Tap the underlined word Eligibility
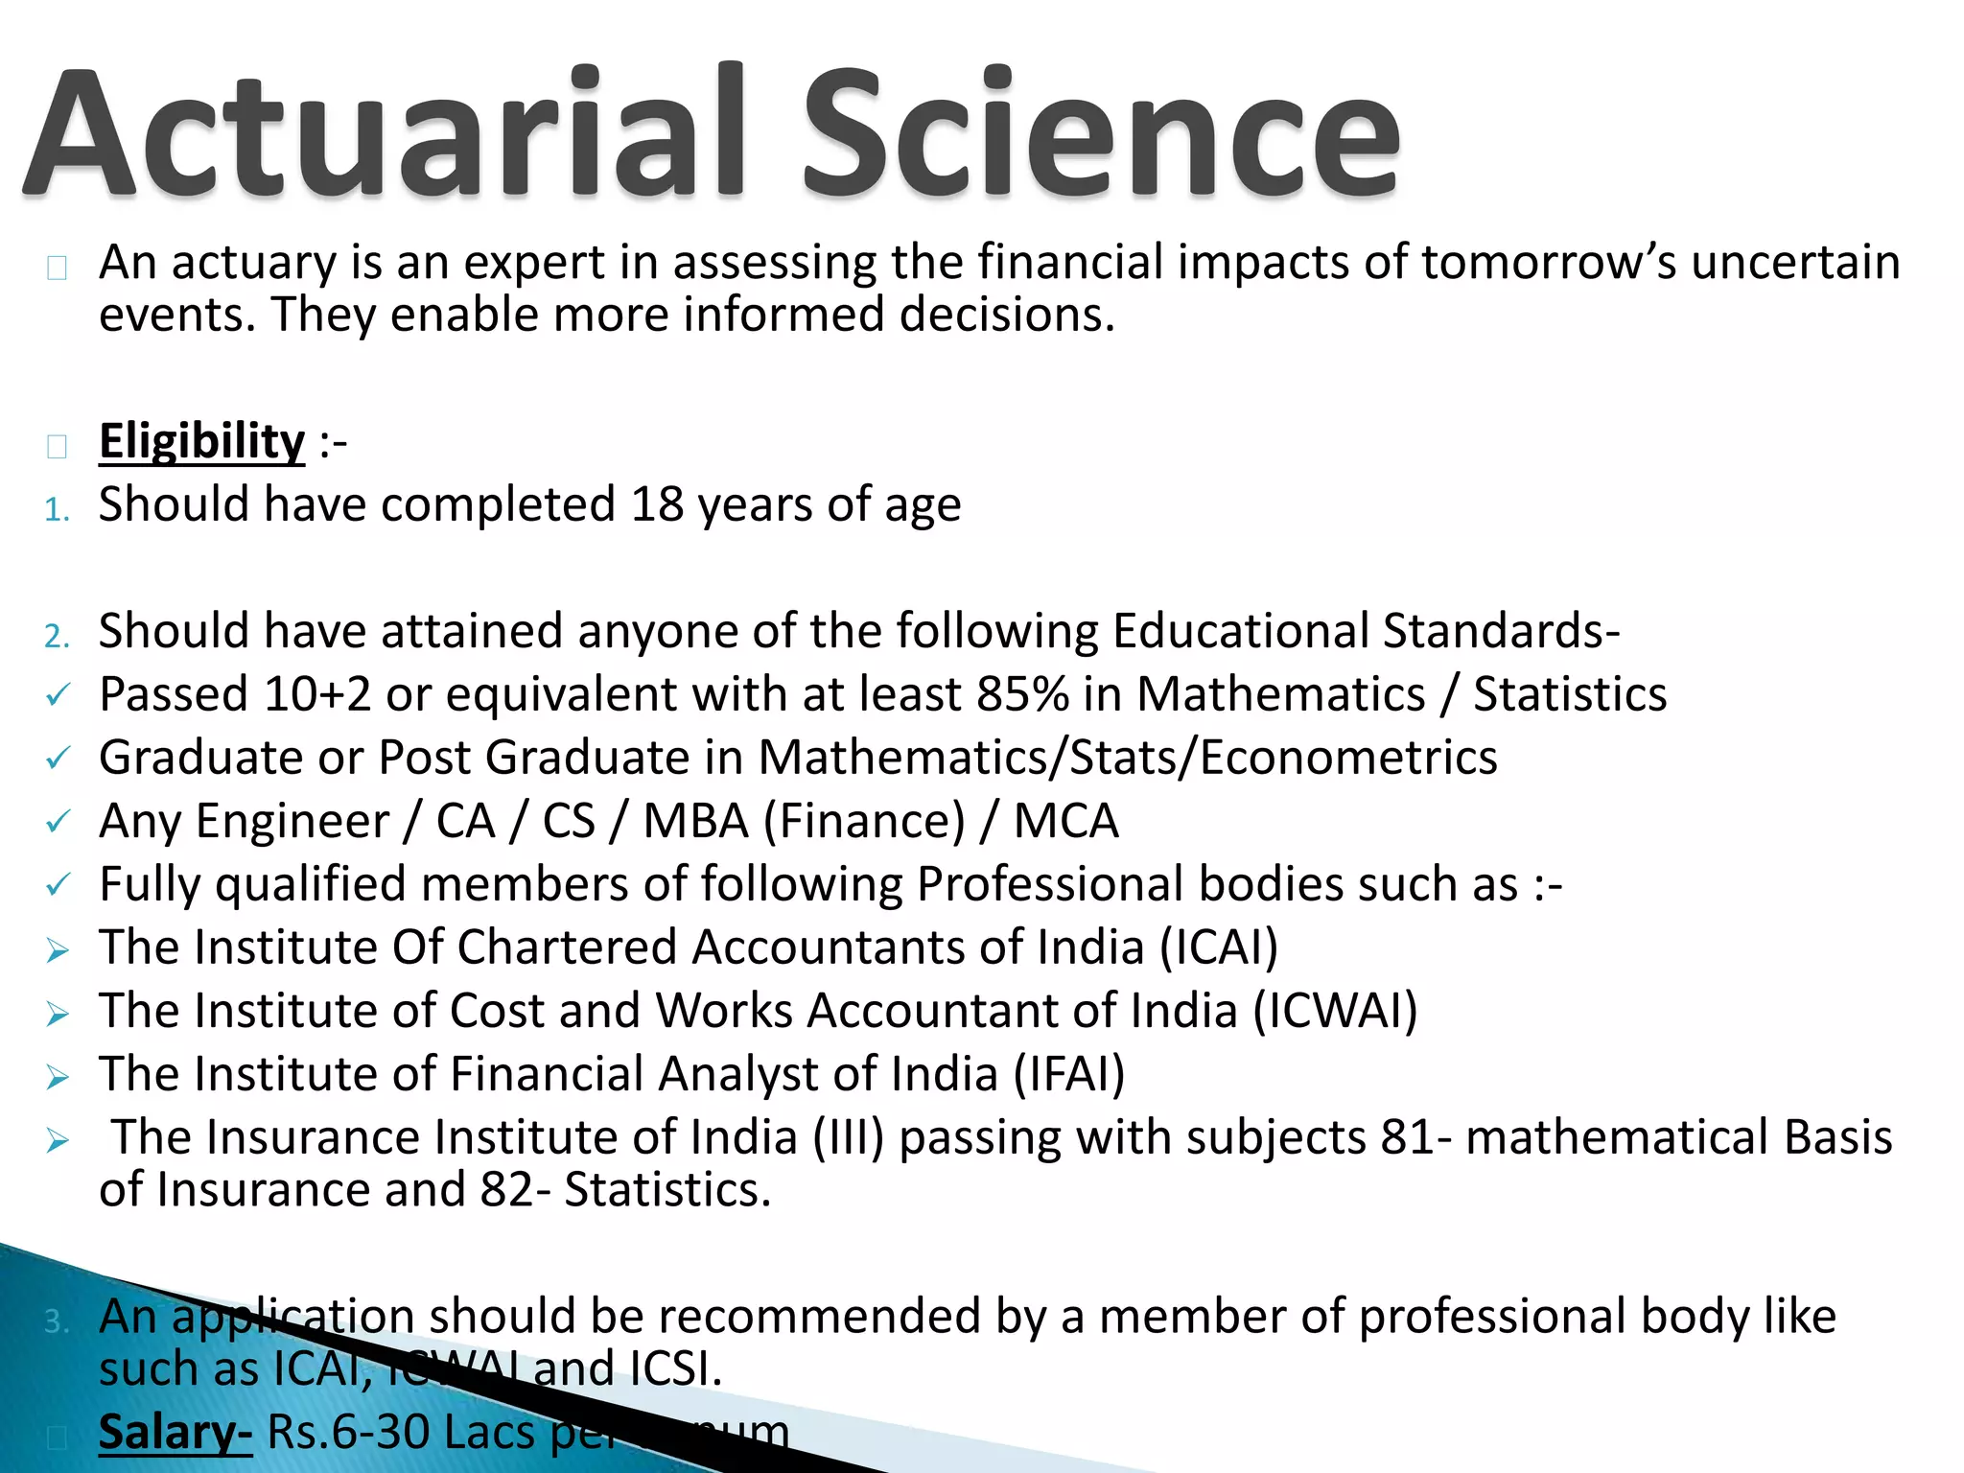[201, 442]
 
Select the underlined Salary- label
[175, 1432]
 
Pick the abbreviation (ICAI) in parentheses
[1219, 947]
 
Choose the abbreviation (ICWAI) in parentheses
[1335, 1011]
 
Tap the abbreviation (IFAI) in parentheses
[1069, 1074]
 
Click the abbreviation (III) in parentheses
[849, 1137]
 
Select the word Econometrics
[1348, 758]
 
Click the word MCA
[1066, 821]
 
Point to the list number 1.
[57, 509]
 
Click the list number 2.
[57, 636]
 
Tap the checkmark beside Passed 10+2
[58, 695]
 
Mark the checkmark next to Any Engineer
[58, 822]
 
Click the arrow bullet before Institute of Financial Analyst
[58, 1077]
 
